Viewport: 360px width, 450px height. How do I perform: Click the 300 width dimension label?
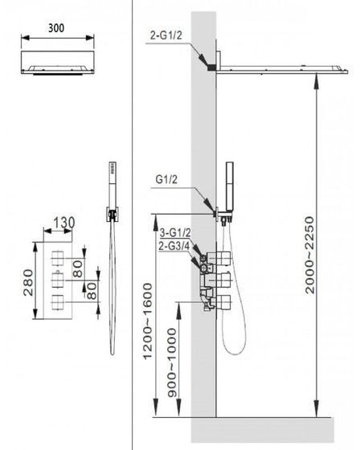[x=56, y=28]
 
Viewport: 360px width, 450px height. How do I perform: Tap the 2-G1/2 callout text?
[x=166, y=35]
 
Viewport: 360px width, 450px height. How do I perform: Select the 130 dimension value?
[x=64, y=223]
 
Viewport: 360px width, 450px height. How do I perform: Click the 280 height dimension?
[x=28, y=282]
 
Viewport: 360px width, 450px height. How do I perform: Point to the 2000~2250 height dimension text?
[x=310, y=256]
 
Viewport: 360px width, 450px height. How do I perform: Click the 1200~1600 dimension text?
[x=147, y=321]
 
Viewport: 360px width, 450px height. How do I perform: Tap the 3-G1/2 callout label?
[x=175, y=233]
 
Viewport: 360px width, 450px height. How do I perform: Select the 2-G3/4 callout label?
[x=174, y=246]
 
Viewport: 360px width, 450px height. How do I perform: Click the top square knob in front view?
[x=57, y=258]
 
